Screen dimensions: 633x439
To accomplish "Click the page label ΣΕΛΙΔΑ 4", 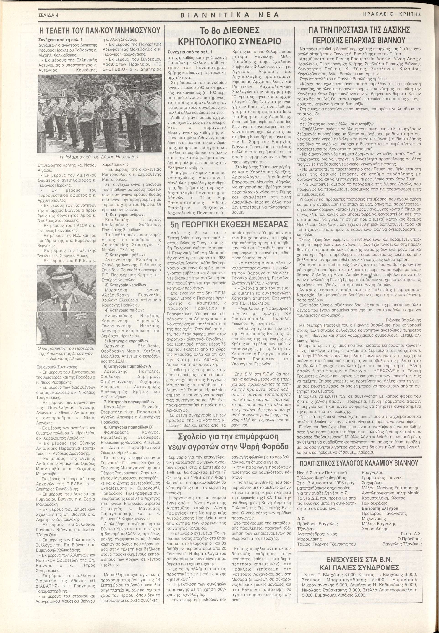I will (x=49, y=15).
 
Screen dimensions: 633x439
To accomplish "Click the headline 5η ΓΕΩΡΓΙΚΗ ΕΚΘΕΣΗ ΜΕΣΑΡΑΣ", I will (x=229, y=224).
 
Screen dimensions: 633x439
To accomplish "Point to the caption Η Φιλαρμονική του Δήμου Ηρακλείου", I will (x=99, y=157).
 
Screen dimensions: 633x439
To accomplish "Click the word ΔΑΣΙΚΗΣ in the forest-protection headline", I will (x=392, y=30).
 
